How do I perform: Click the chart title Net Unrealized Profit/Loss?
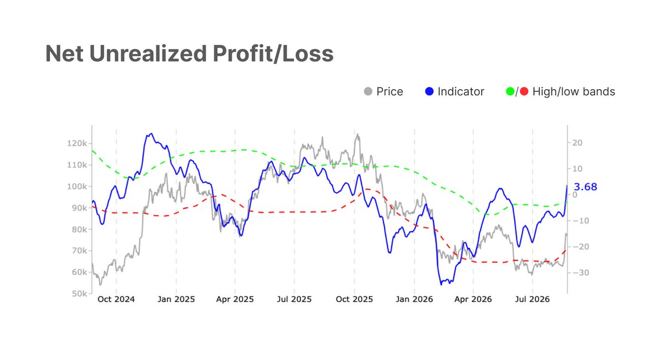(190, 54)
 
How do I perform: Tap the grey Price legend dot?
(368, 91)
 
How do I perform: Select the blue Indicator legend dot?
(429, 91)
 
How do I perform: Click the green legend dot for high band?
(510, 91)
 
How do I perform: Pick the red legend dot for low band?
(524, 91)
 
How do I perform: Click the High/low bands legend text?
(574, 92)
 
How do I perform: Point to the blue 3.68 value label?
(585, 187)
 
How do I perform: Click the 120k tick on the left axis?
(77, 143)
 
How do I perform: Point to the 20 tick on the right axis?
(577, 143)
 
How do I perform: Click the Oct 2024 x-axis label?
(116, 299)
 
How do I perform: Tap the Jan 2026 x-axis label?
(414, 299)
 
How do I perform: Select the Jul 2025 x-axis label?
(294, 299)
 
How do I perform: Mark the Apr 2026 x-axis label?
(473, 299)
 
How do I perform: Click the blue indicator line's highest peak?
(152, 133)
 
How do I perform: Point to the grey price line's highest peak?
(357, 134)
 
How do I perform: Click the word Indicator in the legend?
(461, 91)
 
